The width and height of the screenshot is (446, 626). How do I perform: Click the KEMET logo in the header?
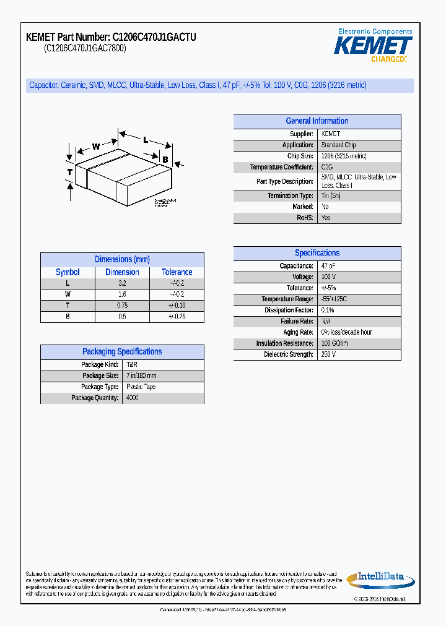coord(373,46)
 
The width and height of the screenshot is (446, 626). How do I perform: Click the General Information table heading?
coord(317,121)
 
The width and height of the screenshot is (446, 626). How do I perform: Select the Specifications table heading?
coord(317,253)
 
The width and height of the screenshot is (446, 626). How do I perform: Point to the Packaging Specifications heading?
coord(122,352)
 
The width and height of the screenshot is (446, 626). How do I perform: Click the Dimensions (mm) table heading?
coord(122,260)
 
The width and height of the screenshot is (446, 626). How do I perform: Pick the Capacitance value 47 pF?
coord(328,266)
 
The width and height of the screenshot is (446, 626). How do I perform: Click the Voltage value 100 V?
coord(328,277)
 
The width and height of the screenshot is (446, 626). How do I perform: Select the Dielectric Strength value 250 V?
coord(328,354)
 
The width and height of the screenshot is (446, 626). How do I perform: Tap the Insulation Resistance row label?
coord(284,343)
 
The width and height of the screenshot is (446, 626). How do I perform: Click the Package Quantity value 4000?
coord(133,398)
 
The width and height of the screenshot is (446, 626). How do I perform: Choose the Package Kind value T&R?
coord(131,365)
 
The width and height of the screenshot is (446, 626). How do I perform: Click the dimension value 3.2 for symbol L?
coord(122,283)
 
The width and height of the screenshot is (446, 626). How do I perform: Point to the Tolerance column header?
coord(177,272)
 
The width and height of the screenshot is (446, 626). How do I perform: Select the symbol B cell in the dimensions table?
coord(68,316)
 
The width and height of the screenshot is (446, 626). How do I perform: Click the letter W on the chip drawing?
coord(96,147)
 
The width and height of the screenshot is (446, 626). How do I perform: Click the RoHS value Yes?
coord(326,218)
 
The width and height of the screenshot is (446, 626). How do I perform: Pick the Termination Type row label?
coord(290,195)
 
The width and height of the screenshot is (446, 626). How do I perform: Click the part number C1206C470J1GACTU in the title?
coord(154,38)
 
